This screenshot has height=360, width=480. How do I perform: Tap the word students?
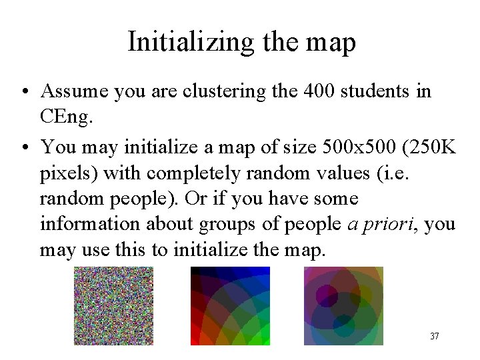click(377, 91)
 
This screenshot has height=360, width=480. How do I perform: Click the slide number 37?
click(434, 336)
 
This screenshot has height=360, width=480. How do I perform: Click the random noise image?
click(113, 306)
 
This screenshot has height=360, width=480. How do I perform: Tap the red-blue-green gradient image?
click(231, 306)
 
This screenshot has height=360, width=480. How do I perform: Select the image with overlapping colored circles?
click(343, 306)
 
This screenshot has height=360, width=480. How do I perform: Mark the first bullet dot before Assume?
click(24, 91)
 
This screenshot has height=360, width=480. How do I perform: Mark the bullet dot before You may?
click(24, 146)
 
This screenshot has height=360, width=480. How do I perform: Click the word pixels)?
click(68, 172)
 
